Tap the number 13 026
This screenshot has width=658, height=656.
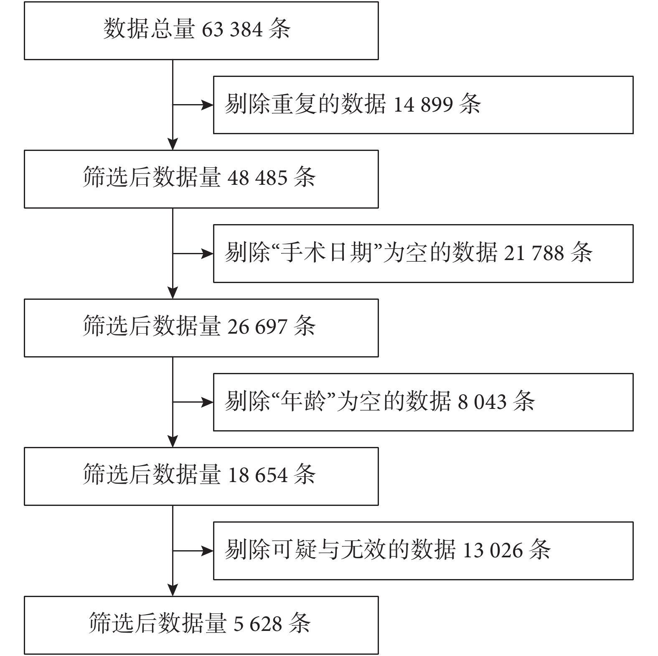pyautogui.click(x=493, y=550)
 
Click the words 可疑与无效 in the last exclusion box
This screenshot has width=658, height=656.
pyautogui.click(x=329, y=549)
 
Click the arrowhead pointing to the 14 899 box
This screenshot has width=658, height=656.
pyautogui.click(x=208, y=105)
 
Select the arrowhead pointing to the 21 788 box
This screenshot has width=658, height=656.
pyautogui.click(x=208, y=254)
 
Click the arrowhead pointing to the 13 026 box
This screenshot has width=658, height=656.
pyautogui.click(x=208, y=551)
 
